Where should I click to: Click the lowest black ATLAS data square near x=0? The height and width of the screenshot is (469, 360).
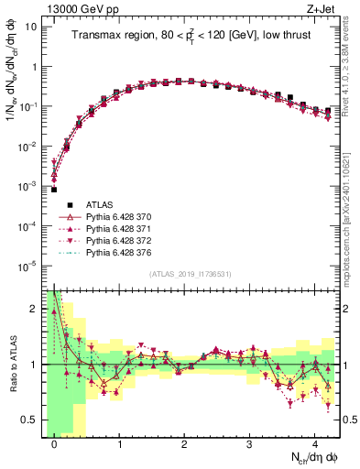coord(54,190)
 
